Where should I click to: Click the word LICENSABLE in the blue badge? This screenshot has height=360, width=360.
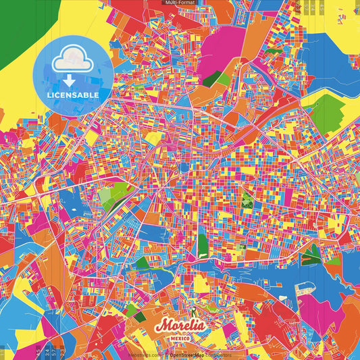coord(73,95)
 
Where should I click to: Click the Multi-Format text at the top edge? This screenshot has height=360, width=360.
coord(180,3)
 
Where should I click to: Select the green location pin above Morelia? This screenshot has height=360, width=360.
coord(193,312)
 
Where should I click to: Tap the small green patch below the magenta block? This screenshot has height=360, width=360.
coord(224,80)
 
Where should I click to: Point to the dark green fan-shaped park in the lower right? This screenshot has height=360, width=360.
coord(310,255)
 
